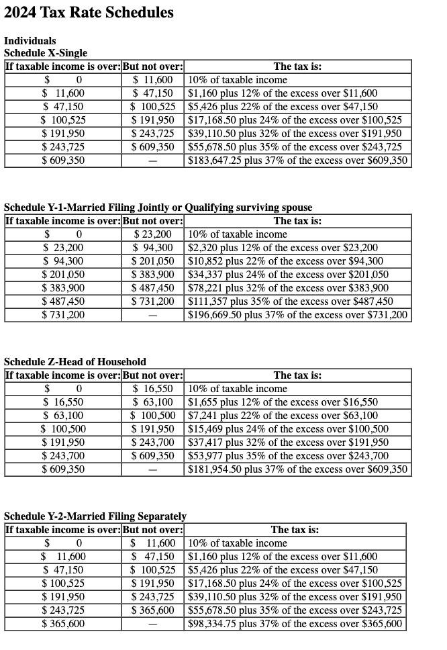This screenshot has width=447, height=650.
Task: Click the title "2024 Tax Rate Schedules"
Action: [x=89, y=13]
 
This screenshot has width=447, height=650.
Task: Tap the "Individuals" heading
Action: [x=30, y=41]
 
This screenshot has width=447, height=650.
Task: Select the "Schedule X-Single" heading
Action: [x=46, y=53]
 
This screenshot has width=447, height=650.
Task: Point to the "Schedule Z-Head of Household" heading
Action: [x=75, y=362]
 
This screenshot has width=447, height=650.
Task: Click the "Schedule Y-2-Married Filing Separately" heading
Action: [x=95, y=516]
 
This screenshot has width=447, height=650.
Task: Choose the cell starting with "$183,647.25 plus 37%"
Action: [x=297, y=160]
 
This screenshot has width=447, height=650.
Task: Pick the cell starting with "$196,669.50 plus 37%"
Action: [x=297, y=315]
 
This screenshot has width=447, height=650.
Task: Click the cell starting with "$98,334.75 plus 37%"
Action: [x=295, y=624]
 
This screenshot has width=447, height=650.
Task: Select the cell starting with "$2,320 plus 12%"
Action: [x=282, y=248]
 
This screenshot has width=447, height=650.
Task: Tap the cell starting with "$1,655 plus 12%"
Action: [x=282, y=402]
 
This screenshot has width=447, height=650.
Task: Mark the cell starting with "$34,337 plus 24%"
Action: [x=288, y=275]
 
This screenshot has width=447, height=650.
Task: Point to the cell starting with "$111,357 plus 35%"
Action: [x=291, y=301]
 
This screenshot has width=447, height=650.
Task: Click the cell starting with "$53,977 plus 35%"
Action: [x=288, y=456]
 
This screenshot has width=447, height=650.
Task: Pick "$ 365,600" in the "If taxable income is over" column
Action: [x=63, y=624]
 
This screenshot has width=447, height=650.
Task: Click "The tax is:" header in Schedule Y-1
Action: [x=297, y=221]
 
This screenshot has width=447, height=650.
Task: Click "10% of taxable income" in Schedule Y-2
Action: [x=238, y=543]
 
